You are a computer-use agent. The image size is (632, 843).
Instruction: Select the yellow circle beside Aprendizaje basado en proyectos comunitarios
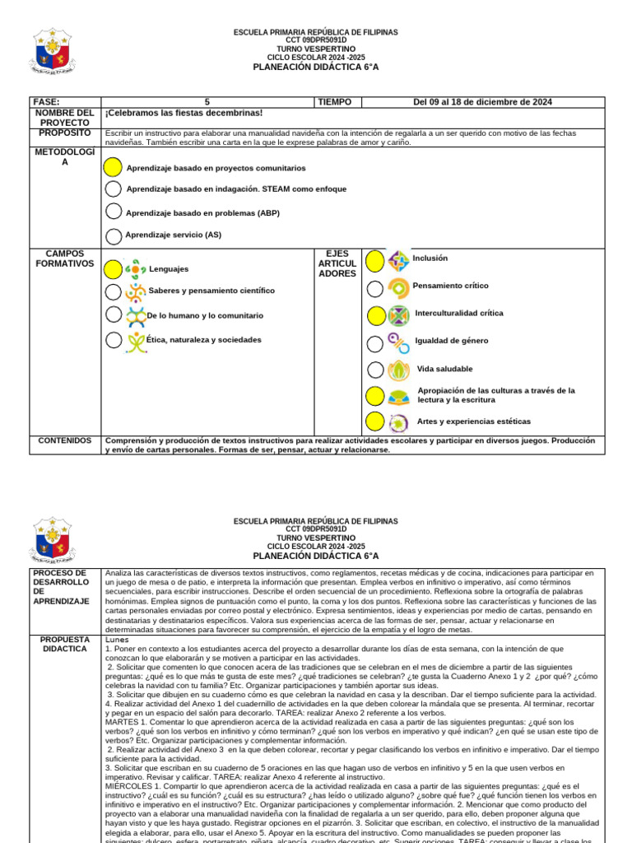[x=114, y=167]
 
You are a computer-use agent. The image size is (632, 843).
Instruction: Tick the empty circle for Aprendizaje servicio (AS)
[x=114, y=235]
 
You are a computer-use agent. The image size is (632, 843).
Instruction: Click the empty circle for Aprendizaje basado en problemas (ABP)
[x=114, y=212]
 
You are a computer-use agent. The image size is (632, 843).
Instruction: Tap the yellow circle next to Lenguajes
[x=114, y=268]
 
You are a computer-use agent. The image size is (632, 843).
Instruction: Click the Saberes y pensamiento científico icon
[x=136, y=291]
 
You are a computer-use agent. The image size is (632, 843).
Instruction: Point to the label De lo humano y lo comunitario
[x=205, y=315]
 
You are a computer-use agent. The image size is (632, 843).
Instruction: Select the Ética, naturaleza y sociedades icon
[x=136, y=340]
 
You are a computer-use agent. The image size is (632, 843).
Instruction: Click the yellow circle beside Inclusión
[x=374, y=262]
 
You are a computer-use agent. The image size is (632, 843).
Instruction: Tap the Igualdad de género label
[x=452, y=341]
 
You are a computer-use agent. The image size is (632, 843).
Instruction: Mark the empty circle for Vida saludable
[x=374, y=370]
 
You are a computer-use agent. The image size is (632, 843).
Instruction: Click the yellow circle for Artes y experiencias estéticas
[x=374, y=421]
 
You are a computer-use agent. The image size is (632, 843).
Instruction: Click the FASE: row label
[x=46, y=102]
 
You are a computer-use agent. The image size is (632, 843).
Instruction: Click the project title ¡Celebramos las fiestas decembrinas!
[x=184, y=113]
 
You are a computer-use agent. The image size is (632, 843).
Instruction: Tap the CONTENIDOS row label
[x=65, y=440]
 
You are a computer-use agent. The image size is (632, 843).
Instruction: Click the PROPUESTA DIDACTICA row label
[x=65, y=643]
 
